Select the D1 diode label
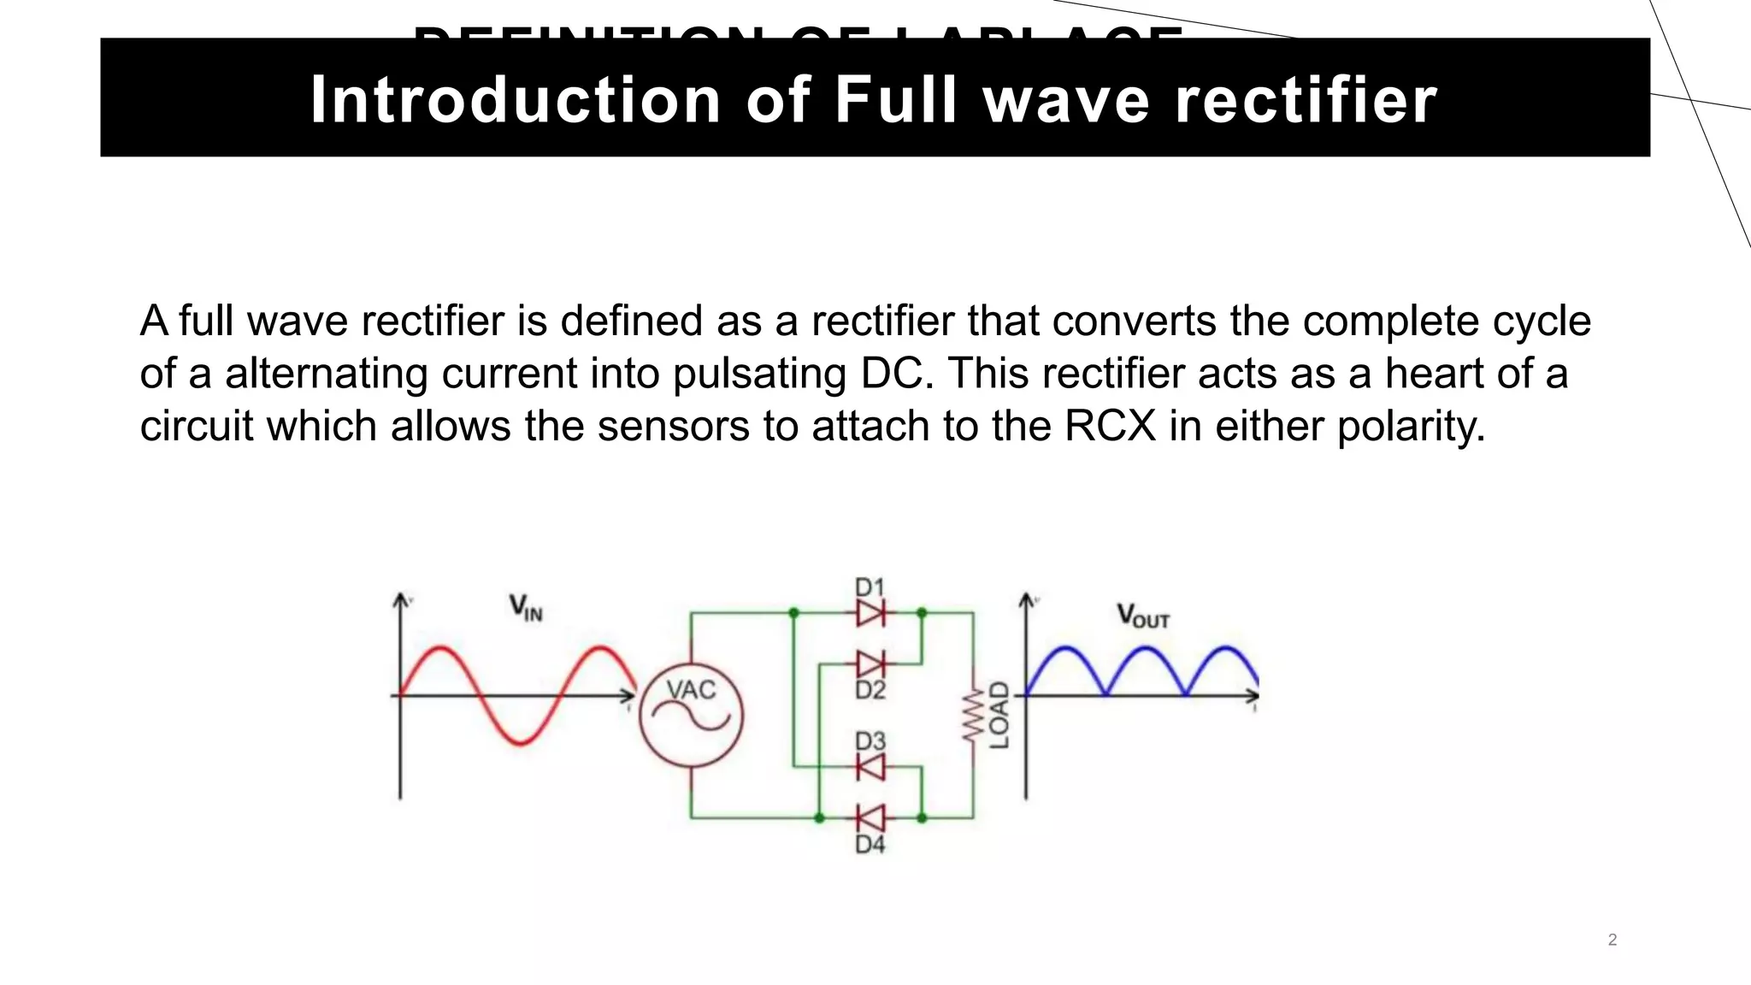tap(870, 587)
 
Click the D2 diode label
tap(870, 690)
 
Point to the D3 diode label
tap(870, 740)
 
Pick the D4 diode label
tap(870, 845)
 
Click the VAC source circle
tap(691, 715)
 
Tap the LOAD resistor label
tap(999, 715)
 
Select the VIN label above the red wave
tap(526, 608)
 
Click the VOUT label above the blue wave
tap(1142, 616)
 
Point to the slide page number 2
tap(1612, 940)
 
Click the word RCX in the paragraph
tap(1110, 426)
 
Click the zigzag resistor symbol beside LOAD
tap(971, 716)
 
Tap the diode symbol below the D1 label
tap(870, 613)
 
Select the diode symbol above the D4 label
tap(870, 817)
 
